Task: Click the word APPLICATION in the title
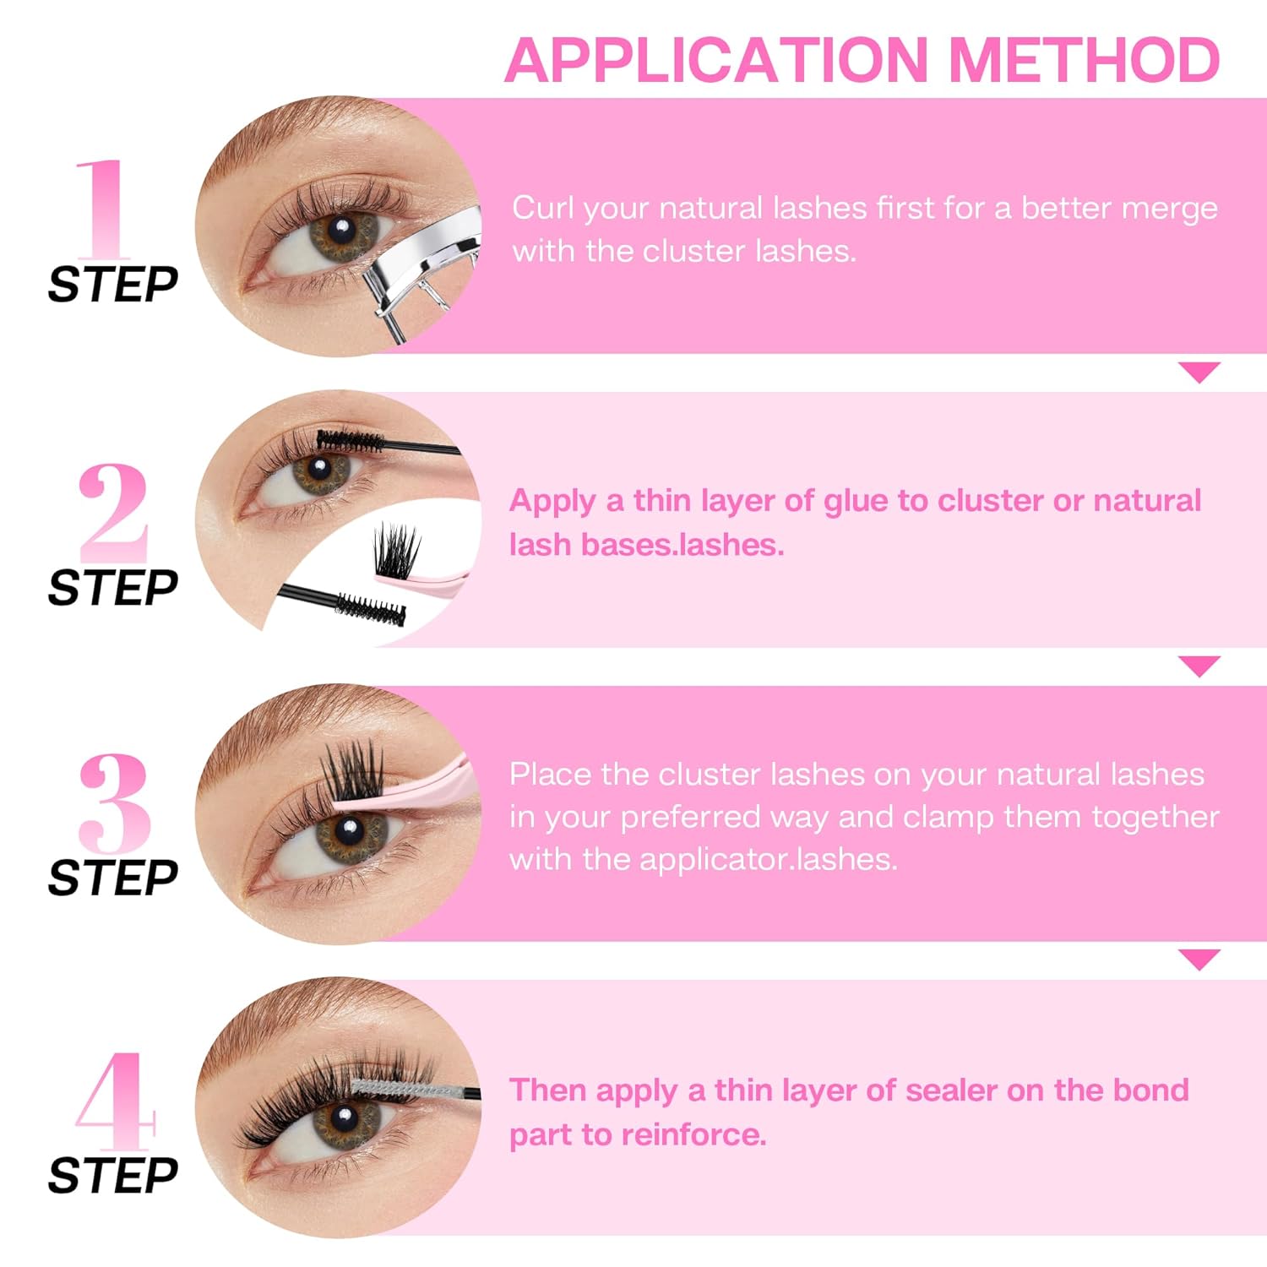coord(716,60)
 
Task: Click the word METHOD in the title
coord(1085,60)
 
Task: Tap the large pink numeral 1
coord(103,209)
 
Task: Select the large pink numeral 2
coord(113,512)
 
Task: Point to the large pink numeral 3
coord(115,802)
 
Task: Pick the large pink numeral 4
coord(115,1101)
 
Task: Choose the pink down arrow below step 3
coord(1199,960)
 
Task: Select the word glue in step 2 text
coord(856,503)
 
